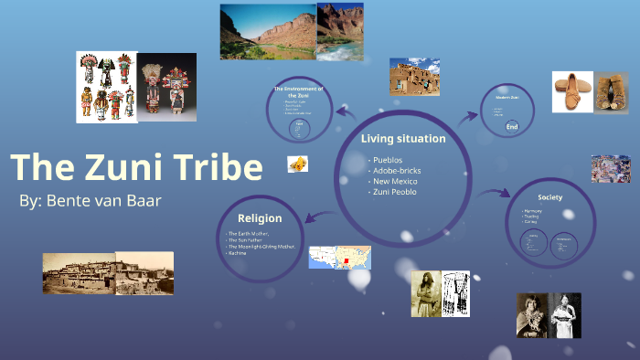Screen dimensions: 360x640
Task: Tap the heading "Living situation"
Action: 402,139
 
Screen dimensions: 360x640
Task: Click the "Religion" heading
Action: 260,218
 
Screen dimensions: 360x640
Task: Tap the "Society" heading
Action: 549,196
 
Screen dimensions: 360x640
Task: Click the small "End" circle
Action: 512,127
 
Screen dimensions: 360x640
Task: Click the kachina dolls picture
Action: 136,87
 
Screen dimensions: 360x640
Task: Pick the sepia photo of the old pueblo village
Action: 108,273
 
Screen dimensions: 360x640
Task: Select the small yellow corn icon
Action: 297,164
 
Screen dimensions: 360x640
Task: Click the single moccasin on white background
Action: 572,92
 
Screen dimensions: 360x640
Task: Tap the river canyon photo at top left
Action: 267,33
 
